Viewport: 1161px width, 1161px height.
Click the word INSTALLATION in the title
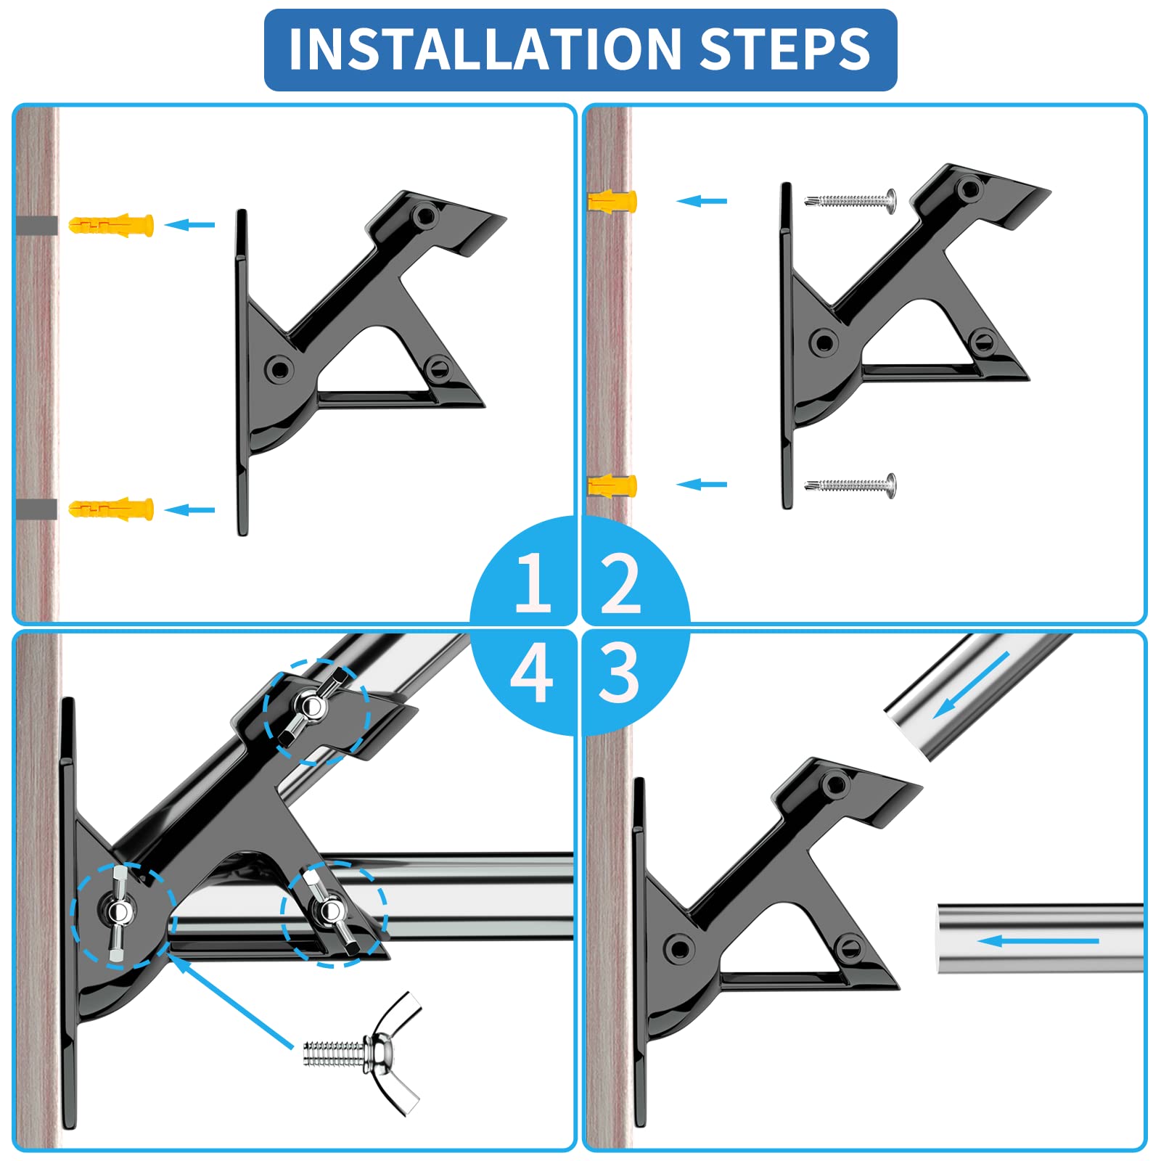(x=485, y=49)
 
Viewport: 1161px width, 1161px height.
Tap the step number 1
(x=533, y=582)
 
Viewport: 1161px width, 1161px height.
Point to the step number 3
(x=619, y=673)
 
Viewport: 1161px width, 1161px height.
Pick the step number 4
(x=532, y=673)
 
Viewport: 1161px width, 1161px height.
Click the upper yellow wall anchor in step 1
(x=111, y=224)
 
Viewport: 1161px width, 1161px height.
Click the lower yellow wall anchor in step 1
(x=111, y=509)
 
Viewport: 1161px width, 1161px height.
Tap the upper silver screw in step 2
(x=850, y=200)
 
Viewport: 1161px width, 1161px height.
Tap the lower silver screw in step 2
(x=850, y=485)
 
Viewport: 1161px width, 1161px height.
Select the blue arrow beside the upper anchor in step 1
(x=189, y=225)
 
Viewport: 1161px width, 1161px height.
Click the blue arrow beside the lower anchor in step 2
(x=702, y=484)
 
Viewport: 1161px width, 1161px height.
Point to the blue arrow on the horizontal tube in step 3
(x=1038, y=941)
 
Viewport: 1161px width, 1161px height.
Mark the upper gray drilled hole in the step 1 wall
(x=36, y=225)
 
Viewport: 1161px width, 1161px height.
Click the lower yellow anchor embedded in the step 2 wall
(x=612, y=485)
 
